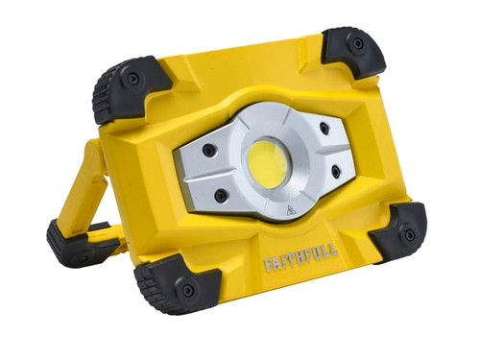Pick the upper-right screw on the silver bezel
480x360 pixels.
click(324, 128)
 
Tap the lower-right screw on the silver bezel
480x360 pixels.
click(335, 171)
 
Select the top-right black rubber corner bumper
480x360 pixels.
click(354, 50)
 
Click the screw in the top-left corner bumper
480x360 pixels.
click(132, 79)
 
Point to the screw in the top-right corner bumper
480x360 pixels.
click(358, 43)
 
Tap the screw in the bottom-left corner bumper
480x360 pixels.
click(187, 289)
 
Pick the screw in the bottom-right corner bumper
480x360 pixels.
click(409, 233)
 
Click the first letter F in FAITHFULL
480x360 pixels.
click(270, 265)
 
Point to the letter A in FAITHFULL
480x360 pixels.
click(277, 264)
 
